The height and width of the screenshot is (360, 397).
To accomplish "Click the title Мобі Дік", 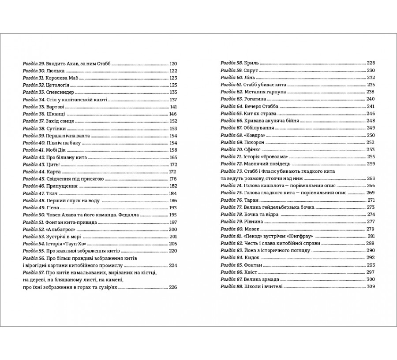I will tap(57, 150).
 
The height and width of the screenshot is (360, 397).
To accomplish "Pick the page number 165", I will tap(172, 157).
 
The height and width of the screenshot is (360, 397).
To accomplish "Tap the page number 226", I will tap(172, 287).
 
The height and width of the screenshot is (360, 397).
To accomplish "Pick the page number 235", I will tap(371, 85).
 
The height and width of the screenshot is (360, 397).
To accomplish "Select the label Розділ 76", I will tap(231, 200).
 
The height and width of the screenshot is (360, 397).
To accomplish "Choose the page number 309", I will tap(371, 286).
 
